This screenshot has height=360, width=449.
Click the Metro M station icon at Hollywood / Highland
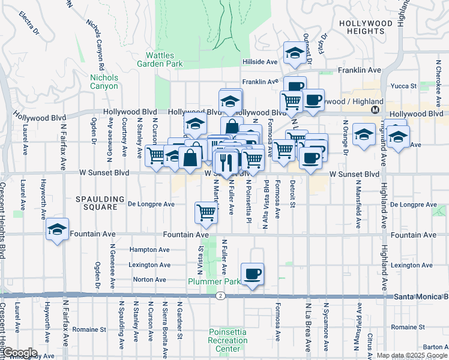point(375,110)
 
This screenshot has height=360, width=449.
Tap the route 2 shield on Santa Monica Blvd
point(221,296)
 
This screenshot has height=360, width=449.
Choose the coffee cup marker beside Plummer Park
point(252,274)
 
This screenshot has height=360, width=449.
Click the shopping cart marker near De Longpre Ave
point(206,213)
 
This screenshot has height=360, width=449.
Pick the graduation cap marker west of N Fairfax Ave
point(57,230)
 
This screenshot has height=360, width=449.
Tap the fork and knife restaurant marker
point(226,162)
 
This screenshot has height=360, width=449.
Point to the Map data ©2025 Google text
point(411,355)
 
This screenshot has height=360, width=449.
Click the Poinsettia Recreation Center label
point(228,341)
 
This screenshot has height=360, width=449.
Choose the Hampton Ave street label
point(150,250)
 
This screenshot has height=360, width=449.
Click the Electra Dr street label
point(28,22)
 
